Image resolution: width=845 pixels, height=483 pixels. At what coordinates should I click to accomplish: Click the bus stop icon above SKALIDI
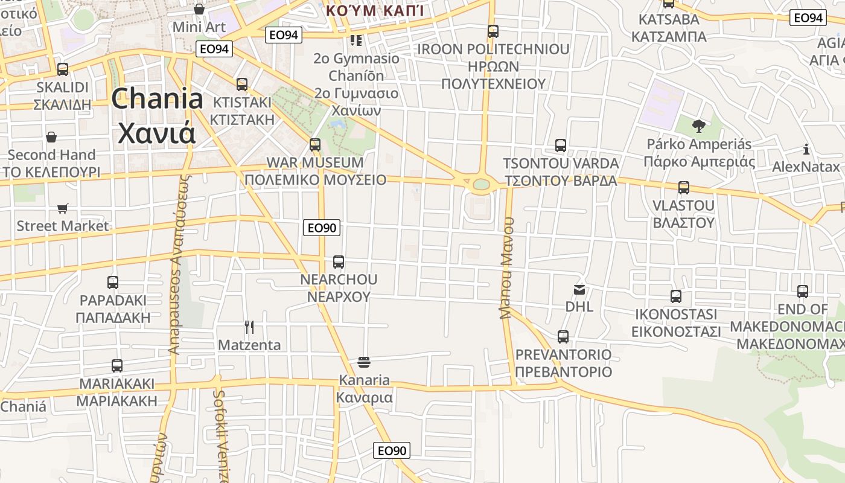coord(63,69)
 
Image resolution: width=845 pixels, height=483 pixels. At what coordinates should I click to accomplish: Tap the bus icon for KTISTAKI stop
coord(242,85)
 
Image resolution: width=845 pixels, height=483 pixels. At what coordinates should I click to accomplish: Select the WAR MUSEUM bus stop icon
coord(315,145)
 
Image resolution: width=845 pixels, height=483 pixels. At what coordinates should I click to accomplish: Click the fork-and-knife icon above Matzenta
coord(249,327)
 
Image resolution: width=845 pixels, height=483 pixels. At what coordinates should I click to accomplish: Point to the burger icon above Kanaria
coord(364,362)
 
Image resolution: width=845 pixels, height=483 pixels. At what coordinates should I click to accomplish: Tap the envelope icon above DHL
coord(579,290)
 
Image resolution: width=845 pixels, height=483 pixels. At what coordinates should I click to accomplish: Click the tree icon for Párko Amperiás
coord(699,126)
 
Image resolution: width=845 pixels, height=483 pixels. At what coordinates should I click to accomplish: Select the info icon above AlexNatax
coord(806,149)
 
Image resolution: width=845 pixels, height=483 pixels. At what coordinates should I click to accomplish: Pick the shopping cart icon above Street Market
coord(63,209)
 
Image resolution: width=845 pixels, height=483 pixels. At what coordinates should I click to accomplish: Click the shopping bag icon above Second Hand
coord(52,138)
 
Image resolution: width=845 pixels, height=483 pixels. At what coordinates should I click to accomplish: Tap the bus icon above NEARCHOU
coord(339,262)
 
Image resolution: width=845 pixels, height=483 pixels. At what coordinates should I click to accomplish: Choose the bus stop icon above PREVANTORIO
coord(563,337)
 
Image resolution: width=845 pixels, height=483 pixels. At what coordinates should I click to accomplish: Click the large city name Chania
coord(157,98)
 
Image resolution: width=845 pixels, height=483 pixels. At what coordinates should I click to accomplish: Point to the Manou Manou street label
coord(506,267)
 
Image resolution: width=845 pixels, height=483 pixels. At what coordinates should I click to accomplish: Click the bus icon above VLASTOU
coord(684,188)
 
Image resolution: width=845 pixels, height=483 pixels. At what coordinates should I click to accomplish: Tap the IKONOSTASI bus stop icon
coord(676,296)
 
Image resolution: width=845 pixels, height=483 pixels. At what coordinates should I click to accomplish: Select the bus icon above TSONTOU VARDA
coord(561,146)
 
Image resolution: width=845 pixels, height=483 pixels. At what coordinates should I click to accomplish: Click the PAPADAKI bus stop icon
coord(113,283)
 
